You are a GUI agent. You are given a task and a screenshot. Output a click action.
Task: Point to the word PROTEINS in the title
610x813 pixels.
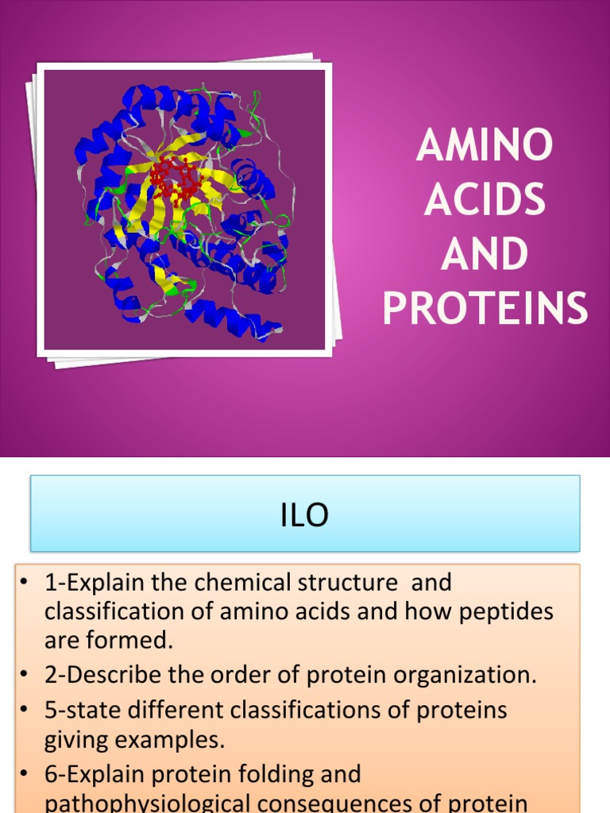coord(485,310)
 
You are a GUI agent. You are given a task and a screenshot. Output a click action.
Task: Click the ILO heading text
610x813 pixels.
coord(305,516)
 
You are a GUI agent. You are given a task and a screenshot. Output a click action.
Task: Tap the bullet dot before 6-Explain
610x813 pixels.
coord(25,774)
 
